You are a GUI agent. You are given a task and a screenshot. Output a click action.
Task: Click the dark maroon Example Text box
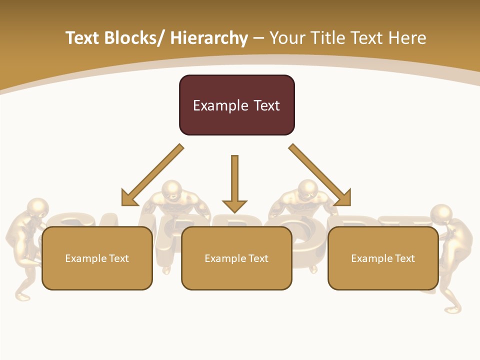[236, 105]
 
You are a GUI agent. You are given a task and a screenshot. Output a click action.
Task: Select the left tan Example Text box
[97, 258]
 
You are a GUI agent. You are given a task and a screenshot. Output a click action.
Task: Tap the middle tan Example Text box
[236, 258]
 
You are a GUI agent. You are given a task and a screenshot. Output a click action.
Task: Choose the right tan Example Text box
[383, 258]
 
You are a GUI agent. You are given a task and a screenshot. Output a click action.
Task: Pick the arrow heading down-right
[320, 175]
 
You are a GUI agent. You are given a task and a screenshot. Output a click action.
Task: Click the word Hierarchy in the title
[209, 38]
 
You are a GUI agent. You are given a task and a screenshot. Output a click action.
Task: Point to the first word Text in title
[82, 38]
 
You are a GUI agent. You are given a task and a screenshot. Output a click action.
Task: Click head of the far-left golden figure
[38, 208]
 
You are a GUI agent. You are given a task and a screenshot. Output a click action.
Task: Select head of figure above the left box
[172, 189]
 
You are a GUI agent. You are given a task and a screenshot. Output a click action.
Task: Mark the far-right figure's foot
[452, 310]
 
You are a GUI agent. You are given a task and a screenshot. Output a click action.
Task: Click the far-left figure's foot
[22, 297]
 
